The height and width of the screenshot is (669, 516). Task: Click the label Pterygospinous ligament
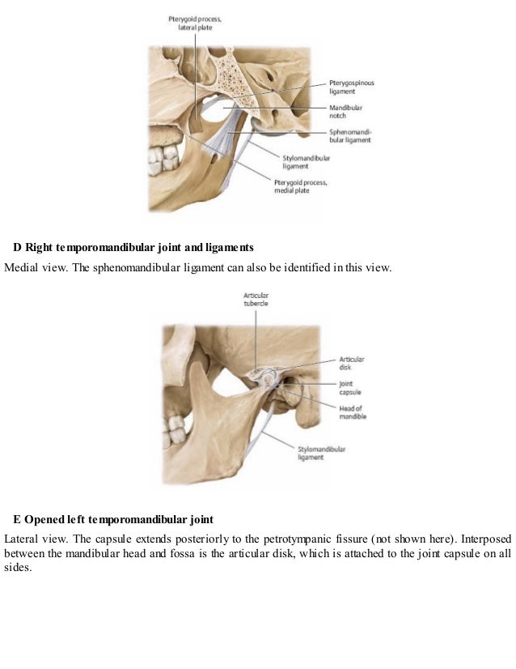pyautogui.click(x=351, y=87)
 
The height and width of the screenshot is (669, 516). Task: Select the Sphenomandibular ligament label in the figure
pyautogui.click(x=350, y=134)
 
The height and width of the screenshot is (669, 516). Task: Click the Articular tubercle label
pyautogui.click(x=256, y=297)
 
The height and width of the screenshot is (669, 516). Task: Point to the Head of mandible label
pyautogui.click(x=353, y=411)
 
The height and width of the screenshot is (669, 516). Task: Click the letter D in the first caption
pyautogui.click(x=18, y=245)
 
